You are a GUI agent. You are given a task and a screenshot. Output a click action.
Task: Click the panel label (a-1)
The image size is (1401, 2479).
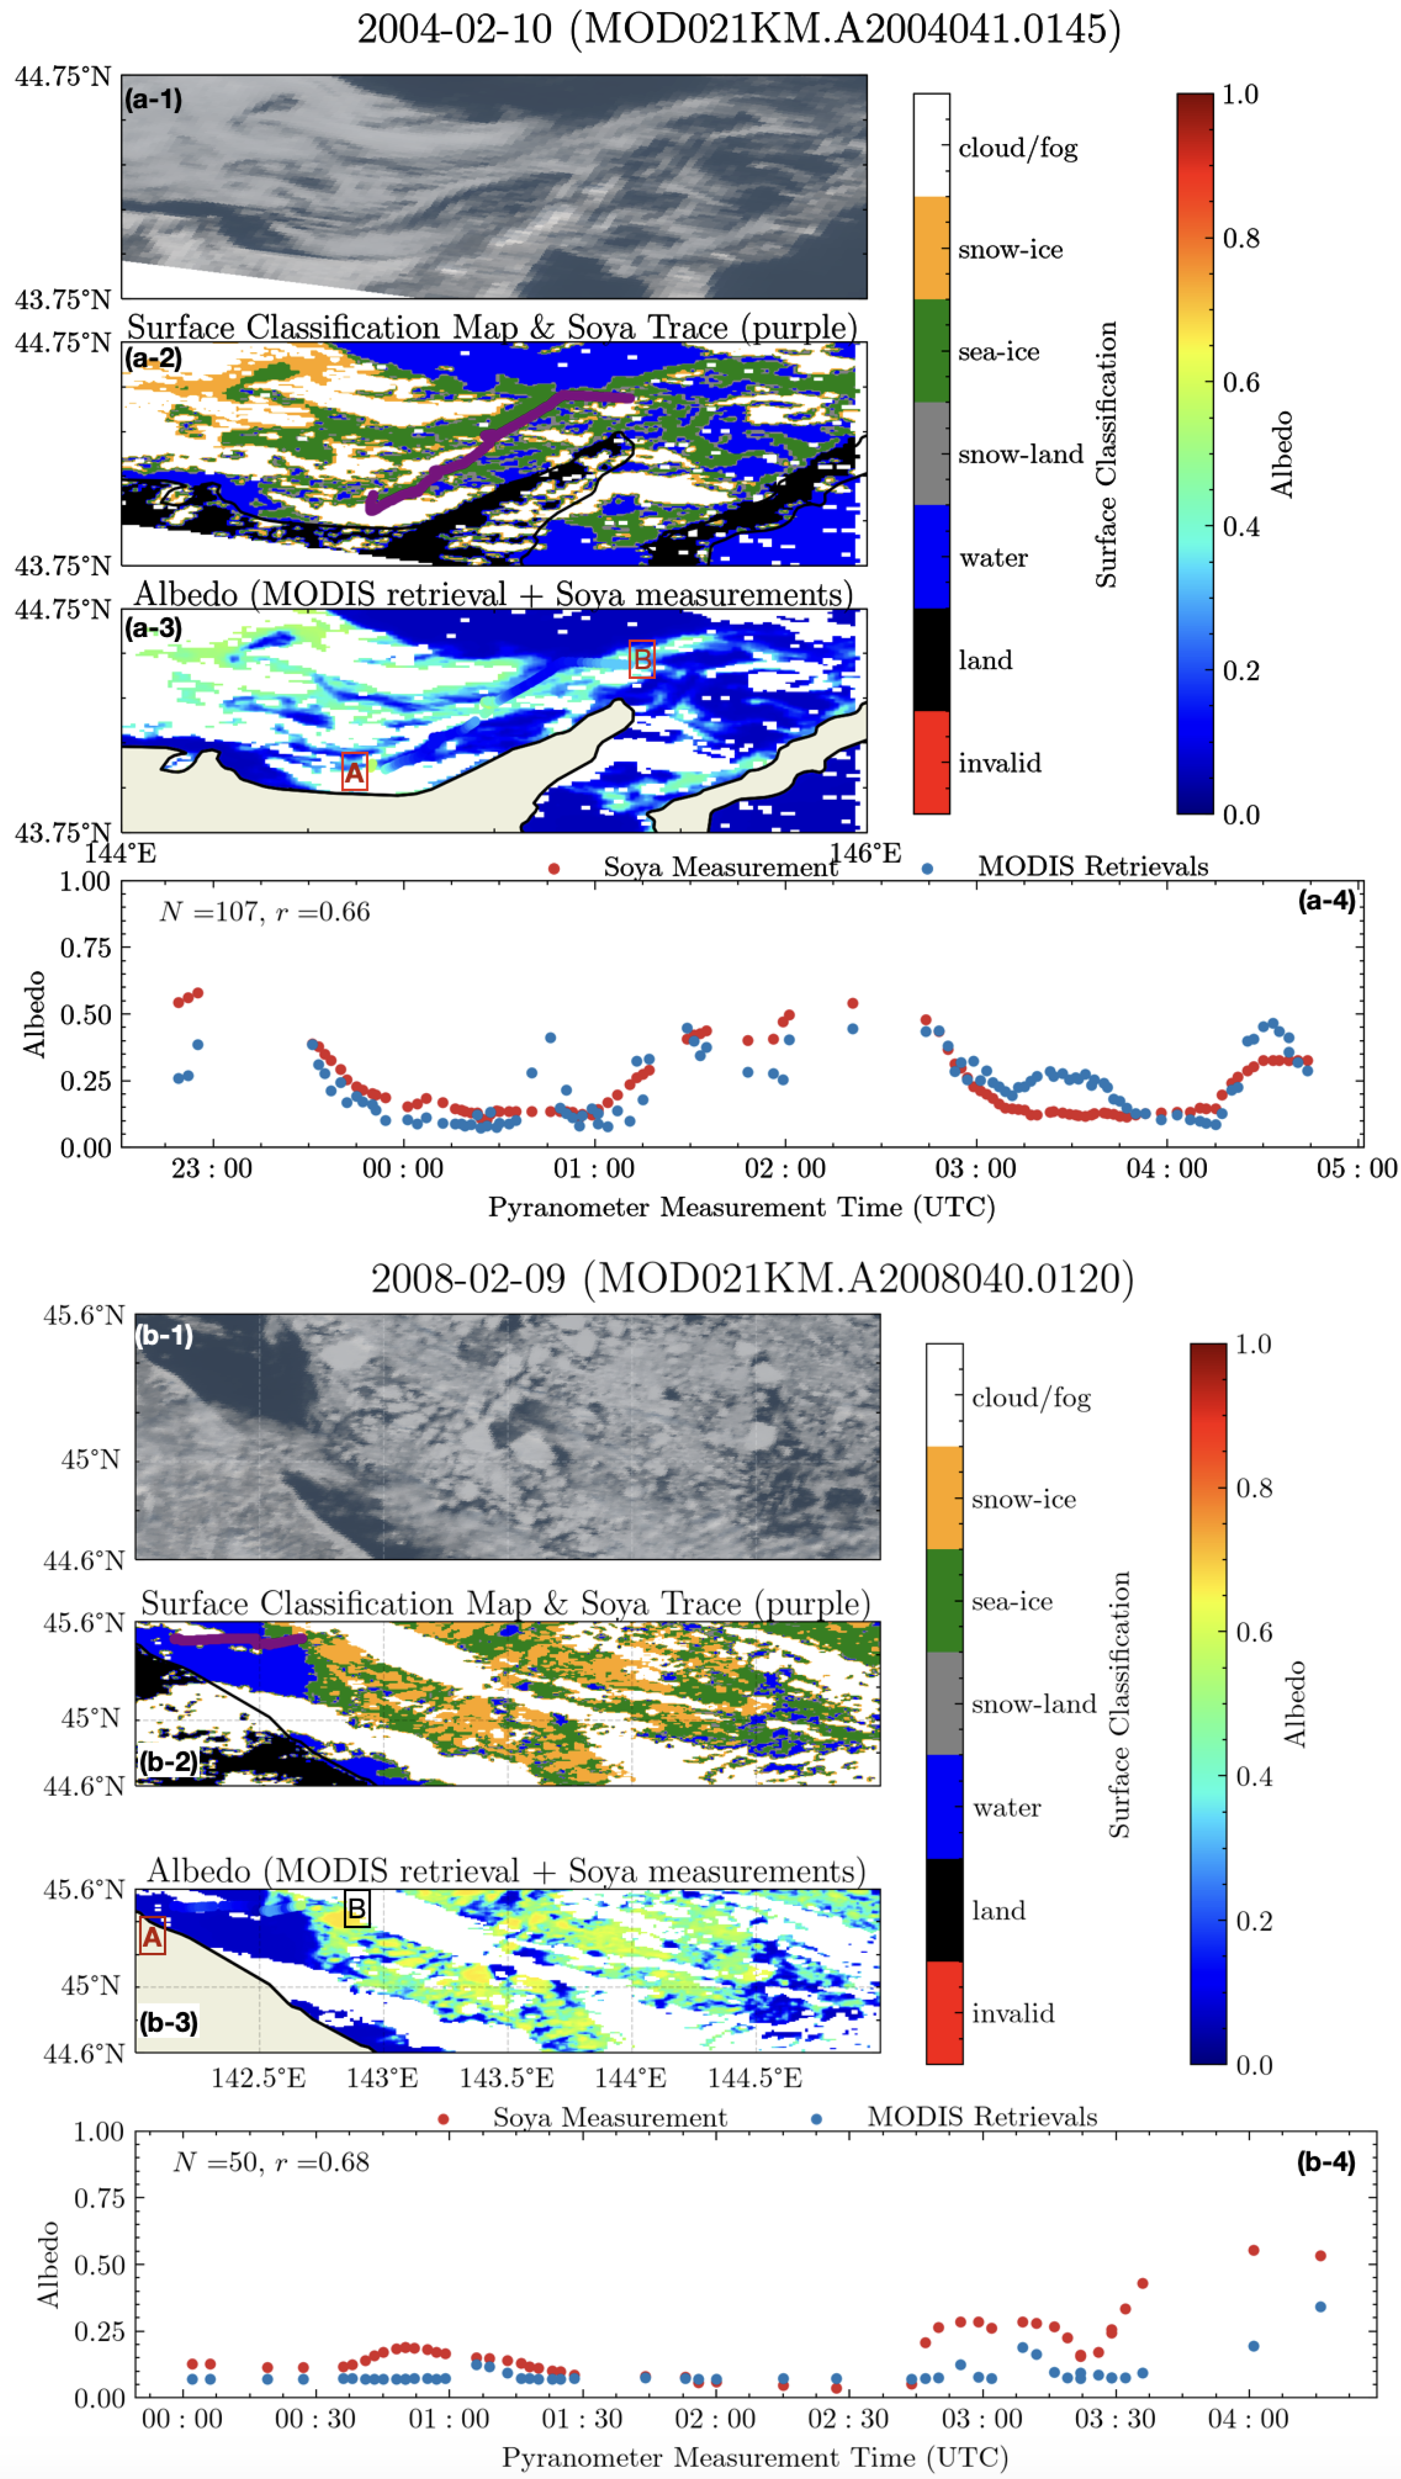[153, 99]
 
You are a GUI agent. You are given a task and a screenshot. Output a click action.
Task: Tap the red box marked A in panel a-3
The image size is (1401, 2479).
[354, 772]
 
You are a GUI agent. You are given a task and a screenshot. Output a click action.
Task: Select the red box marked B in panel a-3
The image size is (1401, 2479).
[642, 660]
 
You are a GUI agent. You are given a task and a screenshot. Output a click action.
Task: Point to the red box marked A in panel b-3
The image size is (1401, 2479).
[152, 1935]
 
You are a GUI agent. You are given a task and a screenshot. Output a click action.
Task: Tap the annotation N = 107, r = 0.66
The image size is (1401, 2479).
[265, 911]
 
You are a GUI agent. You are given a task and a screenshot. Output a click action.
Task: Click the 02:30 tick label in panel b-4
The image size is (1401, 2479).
[848, 2418]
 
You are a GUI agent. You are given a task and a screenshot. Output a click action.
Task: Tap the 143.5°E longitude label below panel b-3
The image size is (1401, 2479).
[506, 2078]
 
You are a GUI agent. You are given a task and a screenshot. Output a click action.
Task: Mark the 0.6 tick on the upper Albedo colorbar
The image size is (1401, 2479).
[1240, 383]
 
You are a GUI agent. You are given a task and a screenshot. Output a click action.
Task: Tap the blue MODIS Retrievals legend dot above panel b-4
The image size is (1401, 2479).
[816, 2118]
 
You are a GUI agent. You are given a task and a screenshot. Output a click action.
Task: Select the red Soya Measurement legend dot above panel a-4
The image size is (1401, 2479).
[553, 868]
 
